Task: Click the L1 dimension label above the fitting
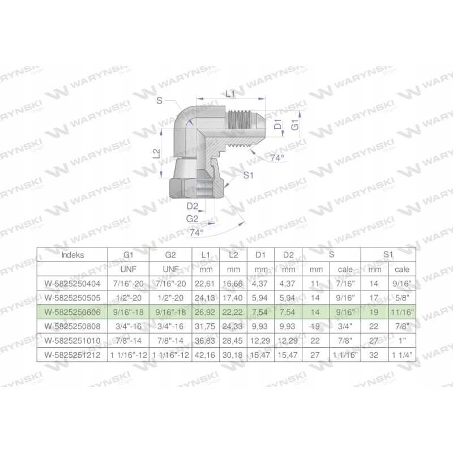click(x=230, y=93)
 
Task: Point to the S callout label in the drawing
click(x=160, y=101)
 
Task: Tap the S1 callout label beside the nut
click(x=248, y=175)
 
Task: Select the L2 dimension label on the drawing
click(x=156, y=153)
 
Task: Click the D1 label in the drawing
click(x=278, y=125)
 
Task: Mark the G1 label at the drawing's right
click(x=295, y=125)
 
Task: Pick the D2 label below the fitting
click(x=192, y=206)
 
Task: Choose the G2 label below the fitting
click(x=192, y=219)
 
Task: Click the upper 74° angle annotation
click(x=277, y=158)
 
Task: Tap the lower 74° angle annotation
click(x=196, y=232)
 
